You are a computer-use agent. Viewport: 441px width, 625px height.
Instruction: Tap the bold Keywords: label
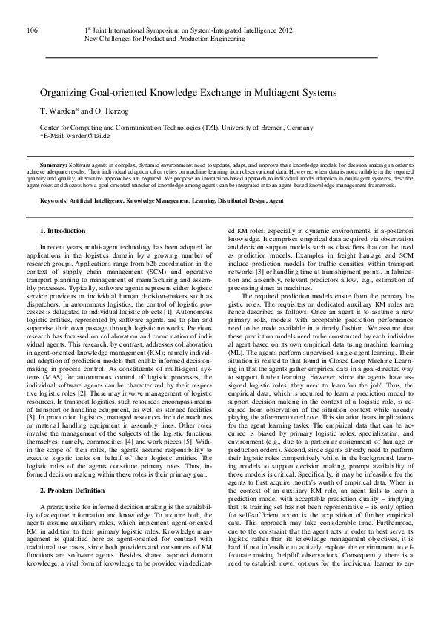[56, 201]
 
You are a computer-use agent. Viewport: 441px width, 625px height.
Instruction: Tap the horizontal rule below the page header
[211, 56]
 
